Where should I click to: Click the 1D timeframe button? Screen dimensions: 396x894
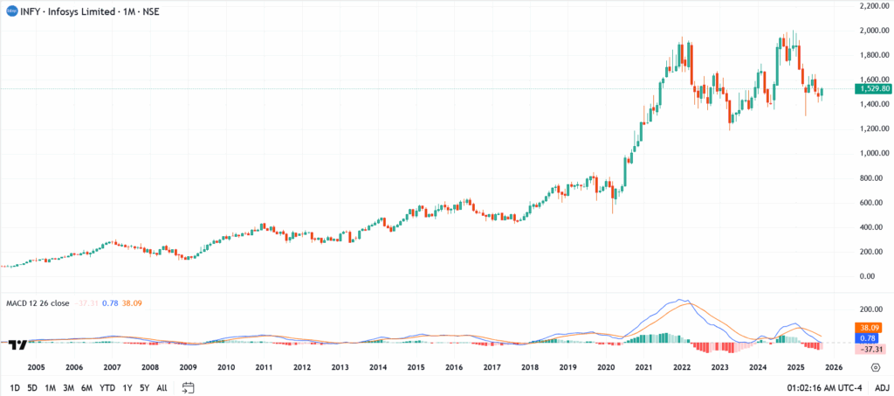pyautogui.click(x=16, y=387)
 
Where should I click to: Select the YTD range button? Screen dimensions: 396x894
pyautogui.click(x=107, y=387)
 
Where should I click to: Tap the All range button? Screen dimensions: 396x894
pyautogui.click(x=162, y=387)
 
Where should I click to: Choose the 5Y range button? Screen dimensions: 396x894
pyautogui.click(x=145, y=387)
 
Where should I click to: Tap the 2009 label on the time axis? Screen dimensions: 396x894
pyautogui.click(x=188, y=368)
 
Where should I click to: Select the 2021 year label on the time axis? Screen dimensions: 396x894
pyautogui.click(x=644, y=368)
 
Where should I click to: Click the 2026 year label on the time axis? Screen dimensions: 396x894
pyautogui.click(x=833, y=368)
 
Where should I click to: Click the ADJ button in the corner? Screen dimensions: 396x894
pyautogui.click(x=882, y=387)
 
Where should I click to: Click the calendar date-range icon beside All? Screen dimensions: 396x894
pyautogui.click(x=187, y=387)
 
